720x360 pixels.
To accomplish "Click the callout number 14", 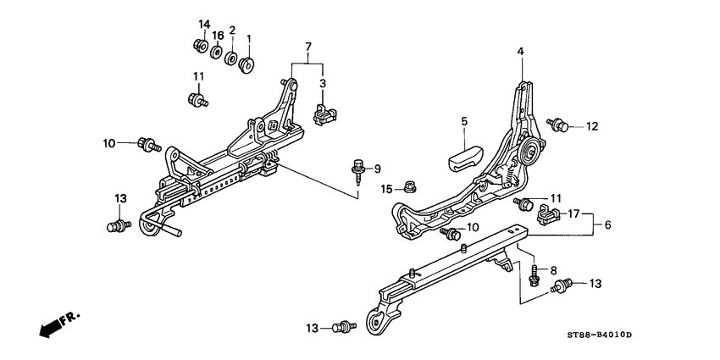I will [x=203, y=23].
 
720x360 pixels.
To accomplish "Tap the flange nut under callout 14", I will [x=200, y=46].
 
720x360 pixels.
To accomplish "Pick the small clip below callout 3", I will [x=322, y=114].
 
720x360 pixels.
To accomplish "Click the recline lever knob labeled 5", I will [x=465, y=158].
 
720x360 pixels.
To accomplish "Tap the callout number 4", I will [x=521, y=52].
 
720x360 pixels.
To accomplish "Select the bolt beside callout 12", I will [x=558, y=125].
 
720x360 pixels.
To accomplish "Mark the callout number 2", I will [x=232, y=30].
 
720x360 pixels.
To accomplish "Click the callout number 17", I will [x=573, y=214].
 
